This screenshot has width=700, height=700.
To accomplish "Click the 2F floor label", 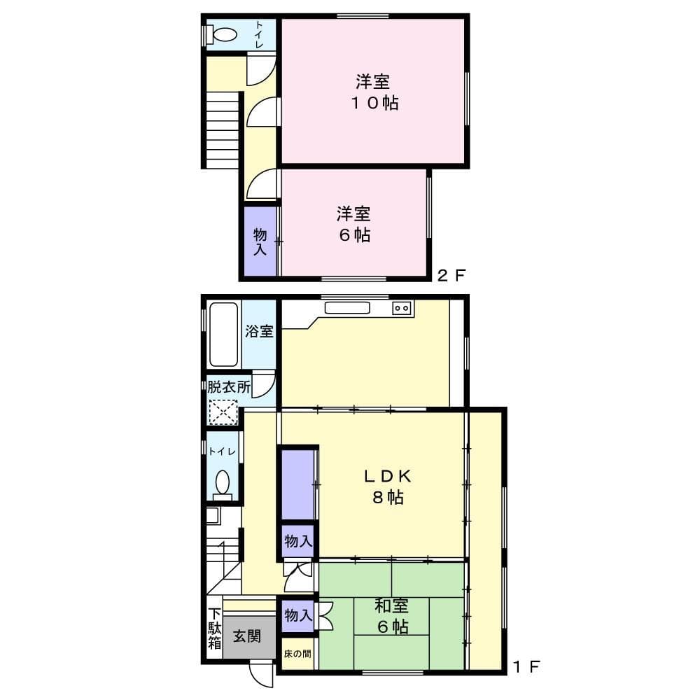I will click(x=451, y=275).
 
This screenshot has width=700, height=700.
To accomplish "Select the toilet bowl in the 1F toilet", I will click(x=223, y=482).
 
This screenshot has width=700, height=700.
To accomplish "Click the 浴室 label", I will click(x=260, y=331).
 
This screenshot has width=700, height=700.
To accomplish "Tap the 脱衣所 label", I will click(x=228, y=386).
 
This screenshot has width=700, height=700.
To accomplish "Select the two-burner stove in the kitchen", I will click(x=402, y=307).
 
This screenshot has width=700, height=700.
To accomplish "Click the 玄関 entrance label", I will click(x=248, y=637).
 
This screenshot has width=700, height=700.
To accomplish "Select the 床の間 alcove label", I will click(x=297, y=654).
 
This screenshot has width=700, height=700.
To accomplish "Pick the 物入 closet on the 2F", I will click(x=260, y=241).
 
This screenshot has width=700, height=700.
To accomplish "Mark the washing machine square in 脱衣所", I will click(x=224, y=411).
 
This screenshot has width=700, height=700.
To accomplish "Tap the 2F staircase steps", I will click(x=223, y=129).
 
